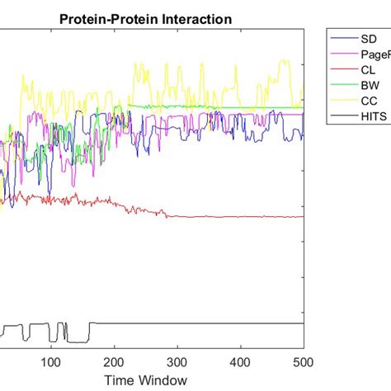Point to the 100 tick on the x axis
[51, 360]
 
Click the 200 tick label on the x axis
[115, 360]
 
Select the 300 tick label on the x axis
[177, 360]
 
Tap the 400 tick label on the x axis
[241, 360]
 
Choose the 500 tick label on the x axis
[304, 360]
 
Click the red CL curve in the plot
[247, 217]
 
